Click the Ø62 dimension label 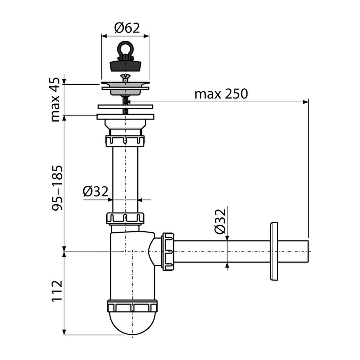[127, 28]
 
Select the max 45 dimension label [55, 99]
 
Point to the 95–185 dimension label [57, 188]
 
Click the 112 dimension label [57, 291]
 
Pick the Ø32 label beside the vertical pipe [96, 191]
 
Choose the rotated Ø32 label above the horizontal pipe [220, 221]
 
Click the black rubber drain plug [125, 65]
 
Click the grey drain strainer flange [126, 88]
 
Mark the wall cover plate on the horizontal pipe [274, 251]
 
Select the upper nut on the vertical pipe [125, 141]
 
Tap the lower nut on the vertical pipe [125, 218]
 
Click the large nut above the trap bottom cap [133, 306]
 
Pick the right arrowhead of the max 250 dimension [306, 102]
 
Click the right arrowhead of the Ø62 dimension [147, 36]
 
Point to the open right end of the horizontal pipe [308, 251]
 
